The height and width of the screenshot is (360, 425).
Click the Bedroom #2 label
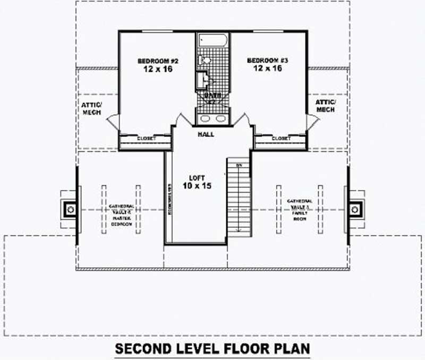coord(157,61)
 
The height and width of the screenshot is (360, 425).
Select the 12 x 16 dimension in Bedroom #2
coord(157,70)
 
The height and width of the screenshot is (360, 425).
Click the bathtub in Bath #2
coord(213,41)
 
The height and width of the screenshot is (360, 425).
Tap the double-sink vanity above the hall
coord(213,118)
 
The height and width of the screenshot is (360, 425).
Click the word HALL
coord(206,134)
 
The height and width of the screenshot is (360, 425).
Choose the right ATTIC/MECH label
coord(325,106)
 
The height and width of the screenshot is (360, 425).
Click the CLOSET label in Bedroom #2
coord(146,139)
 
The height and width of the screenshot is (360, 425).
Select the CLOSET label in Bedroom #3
coord(282,139)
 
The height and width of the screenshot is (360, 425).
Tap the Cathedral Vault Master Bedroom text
coord(121,215)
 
